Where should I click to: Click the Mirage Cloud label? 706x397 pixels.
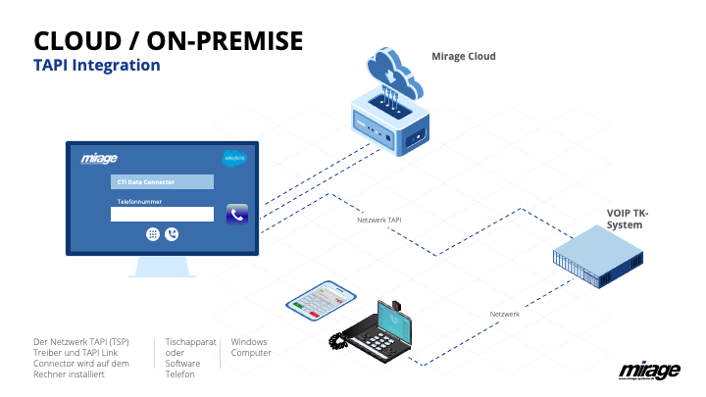click(x=463, y=56)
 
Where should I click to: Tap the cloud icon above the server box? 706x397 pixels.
click(x=394, y=73)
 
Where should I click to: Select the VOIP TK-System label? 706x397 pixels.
click(x=628, y=219)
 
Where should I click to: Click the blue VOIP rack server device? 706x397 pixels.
click(x=598, y=257)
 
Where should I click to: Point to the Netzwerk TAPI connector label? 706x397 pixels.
click(x=379, y=220)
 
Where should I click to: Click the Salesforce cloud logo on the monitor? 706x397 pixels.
click(x=234, y=158)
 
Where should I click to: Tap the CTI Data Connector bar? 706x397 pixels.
click(x=162, y=182)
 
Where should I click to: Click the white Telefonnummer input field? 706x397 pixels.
click(x=162, y=215)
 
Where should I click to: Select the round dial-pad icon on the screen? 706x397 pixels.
click(x=153, y=234)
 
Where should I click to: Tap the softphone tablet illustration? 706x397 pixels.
click(x=321, y=300)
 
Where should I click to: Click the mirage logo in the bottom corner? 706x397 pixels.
click(x=649, y=371)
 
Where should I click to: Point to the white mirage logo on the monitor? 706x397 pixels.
click(x=99, y=159)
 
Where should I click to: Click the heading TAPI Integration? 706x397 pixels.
click(x=97, y=65)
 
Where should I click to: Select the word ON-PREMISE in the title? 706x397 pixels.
click(x=225, y=41)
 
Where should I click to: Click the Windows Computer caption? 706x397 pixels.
click(x=251, y=347)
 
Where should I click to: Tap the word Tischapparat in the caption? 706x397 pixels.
click(x=190, y=342)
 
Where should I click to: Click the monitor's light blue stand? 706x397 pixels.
click(x=162, y=267)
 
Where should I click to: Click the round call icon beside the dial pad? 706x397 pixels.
click(x=172, y=234)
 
